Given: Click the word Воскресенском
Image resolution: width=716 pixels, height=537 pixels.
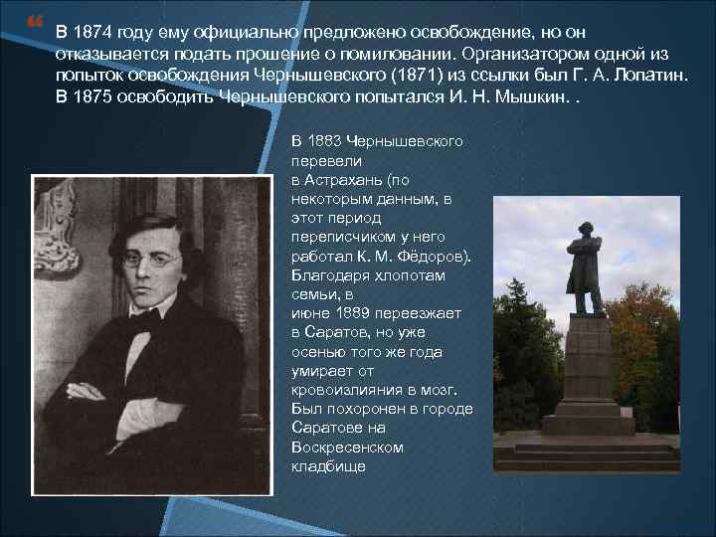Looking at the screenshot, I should (348, 447).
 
